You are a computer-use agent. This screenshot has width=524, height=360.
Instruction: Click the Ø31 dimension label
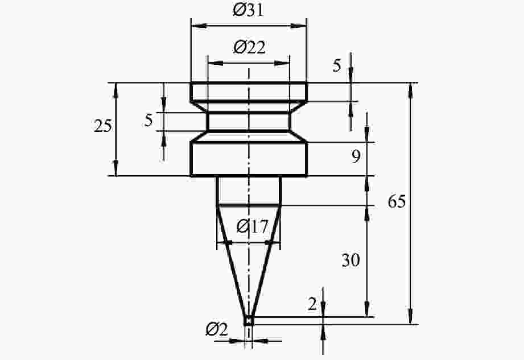pyautogui.click(x=248, y=10)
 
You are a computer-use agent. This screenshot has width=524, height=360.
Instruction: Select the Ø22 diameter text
pyautogui.click(x=249, y=47)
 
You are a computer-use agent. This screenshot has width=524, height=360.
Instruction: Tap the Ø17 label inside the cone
pyautogui.click(x=252, y=227)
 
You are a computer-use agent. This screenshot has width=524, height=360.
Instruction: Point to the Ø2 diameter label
pyautogui.click(x=217, y=330)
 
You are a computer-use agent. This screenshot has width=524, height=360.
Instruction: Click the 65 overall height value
pyautogui.click(x=397, y=202)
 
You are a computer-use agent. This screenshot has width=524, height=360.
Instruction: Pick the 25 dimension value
pyautogui.click(x=102, y=126)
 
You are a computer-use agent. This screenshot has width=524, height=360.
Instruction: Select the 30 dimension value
pyautogui.click(x=350, y=260)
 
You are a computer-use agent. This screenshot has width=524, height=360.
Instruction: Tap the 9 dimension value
pyautogui.click(x=356, y=156)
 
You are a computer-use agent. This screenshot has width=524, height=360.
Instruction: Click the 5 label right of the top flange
pyautogui.click(x=337, y=65)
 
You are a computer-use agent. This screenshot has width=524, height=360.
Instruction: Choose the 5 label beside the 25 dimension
pyautogui.click(x=148, y=120)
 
